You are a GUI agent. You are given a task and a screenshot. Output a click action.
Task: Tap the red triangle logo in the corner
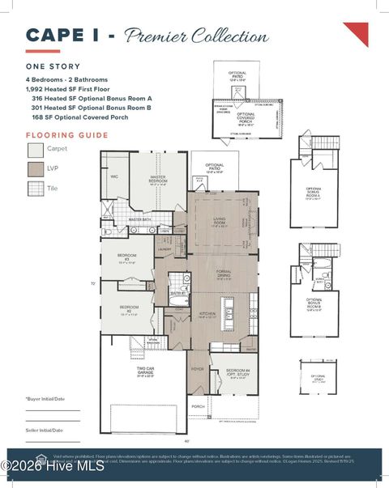357,32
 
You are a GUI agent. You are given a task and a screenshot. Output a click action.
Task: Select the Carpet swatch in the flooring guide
36,150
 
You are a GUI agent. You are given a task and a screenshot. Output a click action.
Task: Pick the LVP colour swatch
36,169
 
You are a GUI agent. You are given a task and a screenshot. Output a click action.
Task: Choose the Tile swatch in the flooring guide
36,189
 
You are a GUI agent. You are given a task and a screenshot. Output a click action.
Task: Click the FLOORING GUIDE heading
67,135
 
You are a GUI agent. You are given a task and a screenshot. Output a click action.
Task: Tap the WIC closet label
114,176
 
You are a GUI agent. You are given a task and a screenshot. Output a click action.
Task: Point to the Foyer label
198,369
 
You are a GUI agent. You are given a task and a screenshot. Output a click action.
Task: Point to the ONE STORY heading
53,67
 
